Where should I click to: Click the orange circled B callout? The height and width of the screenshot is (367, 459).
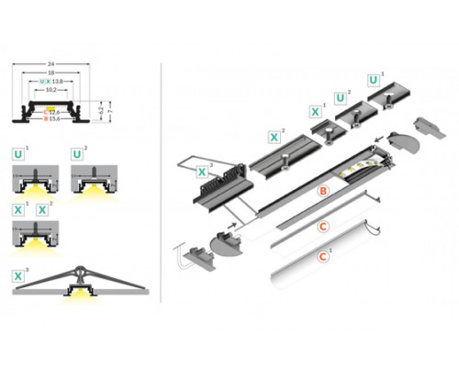(322, 192)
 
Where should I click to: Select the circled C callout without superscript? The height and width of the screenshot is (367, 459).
(323, 225)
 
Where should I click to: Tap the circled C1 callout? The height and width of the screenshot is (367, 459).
(323, 258)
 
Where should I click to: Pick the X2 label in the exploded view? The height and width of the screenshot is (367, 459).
(274, 137)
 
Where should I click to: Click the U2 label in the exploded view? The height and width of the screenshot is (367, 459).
(341, 95)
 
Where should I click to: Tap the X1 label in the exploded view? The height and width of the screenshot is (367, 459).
(316, 111)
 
